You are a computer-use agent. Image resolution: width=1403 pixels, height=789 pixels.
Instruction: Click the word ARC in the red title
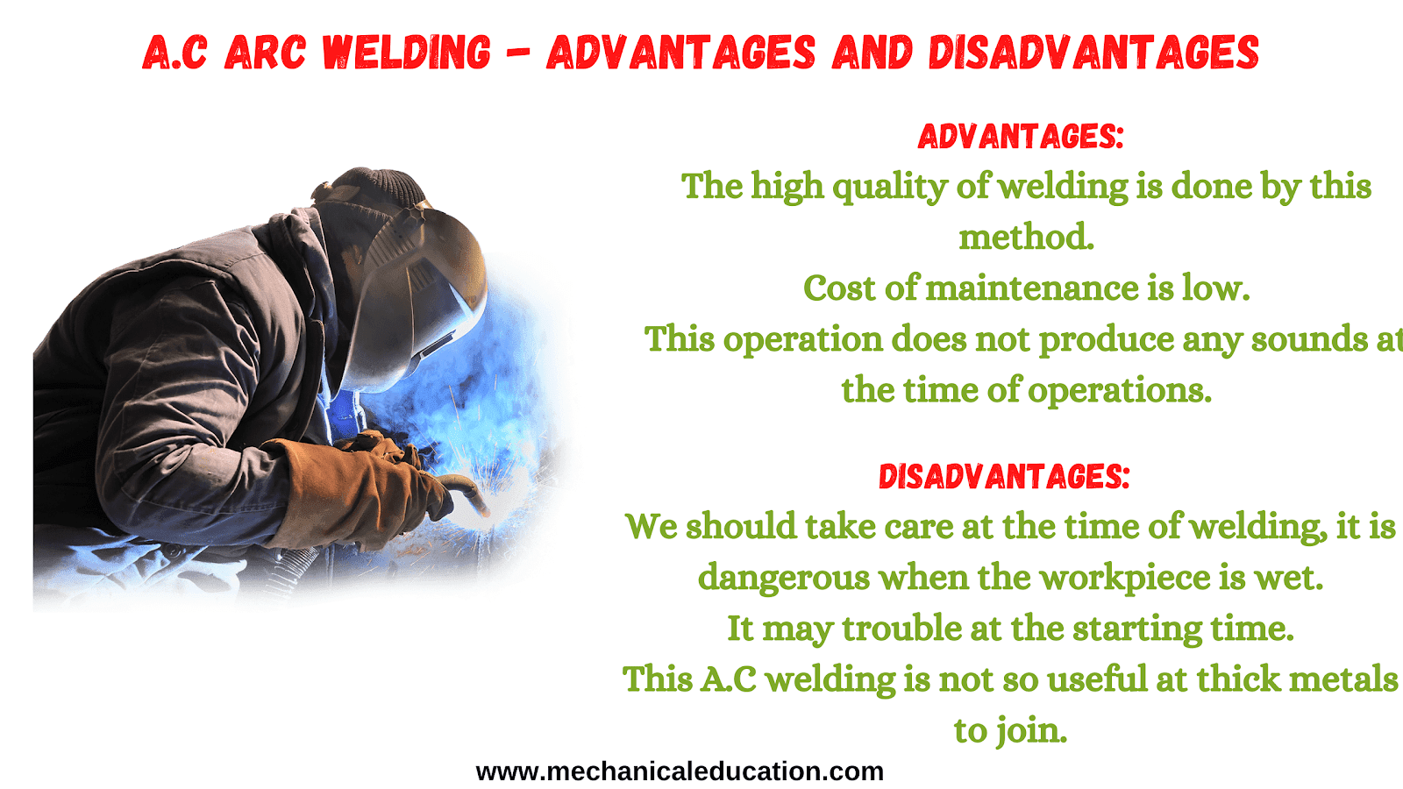(265, 52)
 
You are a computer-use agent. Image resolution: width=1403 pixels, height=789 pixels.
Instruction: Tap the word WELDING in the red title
(407, 52)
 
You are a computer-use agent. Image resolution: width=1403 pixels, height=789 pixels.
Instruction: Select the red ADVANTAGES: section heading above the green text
(1021, 137)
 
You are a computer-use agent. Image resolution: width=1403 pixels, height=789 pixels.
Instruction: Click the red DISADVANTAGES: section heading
(1005, 477)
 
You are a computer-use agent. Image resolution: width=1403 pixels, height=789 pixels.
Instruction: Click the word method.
(1027, 238)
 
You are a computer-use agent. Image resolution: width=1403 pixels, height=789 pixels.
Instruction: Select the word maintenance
(1032, 289)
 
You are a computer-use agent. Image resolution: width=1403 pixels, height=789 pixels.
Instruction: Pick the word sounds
(1309, 340)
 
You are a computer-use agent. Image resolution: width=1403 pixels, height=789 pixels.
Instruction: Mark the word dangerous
(784, 579)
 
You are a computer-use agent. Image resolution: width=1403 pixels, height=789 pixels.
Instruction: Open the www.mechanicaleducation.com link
(680, 771)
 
